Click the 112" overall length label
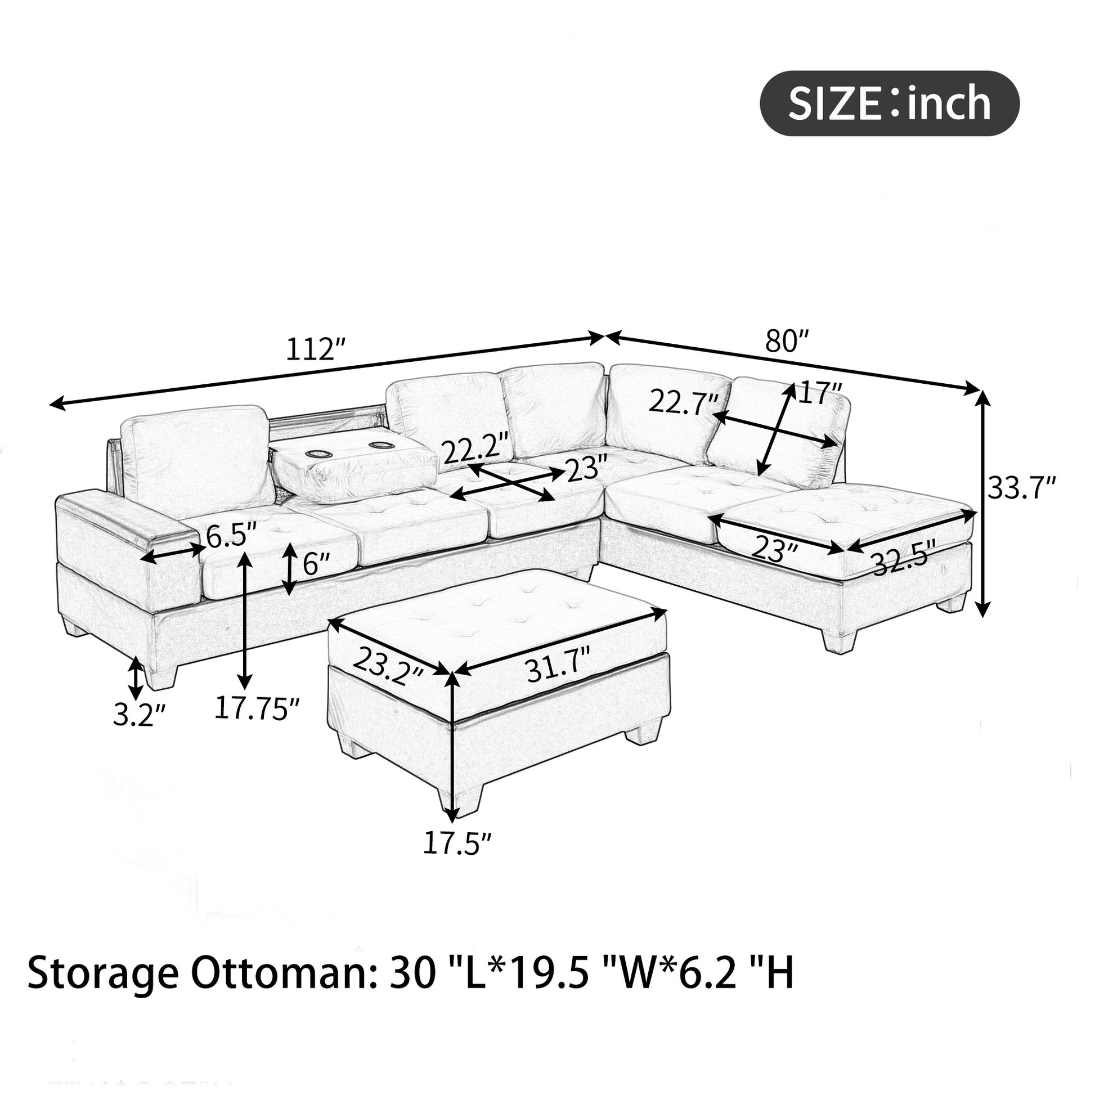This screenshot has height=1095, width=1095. tap(316, 349)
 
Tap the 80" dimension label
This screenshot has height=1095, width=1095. tap(787, 342)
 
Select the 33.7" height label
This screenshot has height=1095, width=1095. tap(1022, 487)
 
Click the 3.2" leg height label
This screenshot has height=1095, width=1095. tap(139, 715)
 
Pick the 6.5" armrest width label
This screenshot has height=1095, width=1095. tap(231, 536)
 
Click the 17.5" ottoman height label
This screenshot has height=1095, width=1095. tap(457, 843)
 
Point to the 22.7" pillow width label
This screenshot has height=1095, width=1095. tap(684, 403)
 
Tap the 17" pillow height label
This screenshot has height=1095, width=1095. tap(820, 392)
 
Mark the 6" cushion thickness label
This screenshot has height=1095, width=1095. tap(315, 563)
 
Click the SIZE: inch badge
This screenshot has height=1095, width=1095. tap(889, 103)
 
